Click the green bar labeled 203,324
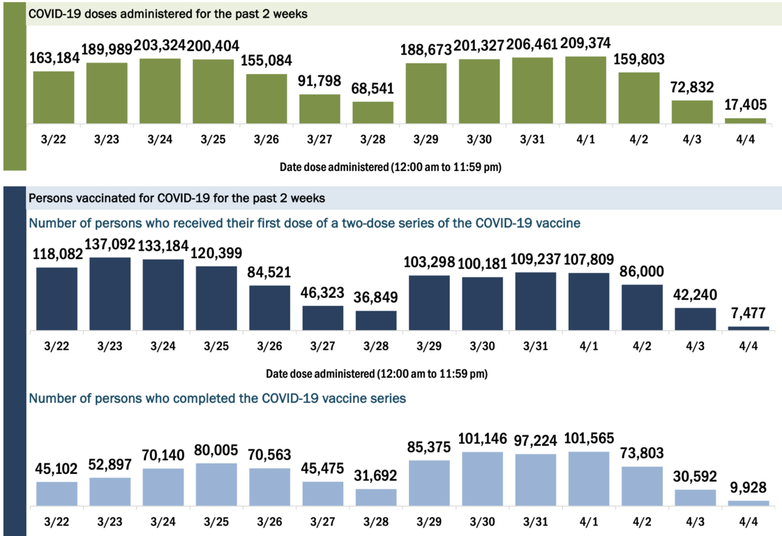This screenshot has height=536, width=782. [x=160, y=91]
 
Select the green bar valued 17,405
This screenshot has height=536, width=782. [x=745, y=121]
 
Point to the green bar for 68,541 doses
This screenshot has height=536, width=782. [x=373, y=112]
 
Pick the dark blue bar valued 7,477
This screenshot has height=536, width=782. [x=749, y=328]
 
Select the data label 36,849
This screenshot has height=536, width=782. [x=376, y=298]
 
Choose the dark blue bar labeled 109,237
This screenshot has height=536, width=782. [x=536, y=301]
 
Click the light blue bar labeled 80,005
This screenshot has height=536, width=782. [x=217, y=484]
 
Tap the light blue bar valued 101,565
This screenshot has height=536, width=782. [x=589, y=478]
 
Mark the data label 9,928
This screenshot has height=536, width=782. [x=749, y=487]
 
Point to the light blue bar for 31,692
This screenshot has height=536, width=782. [x=376, y=496]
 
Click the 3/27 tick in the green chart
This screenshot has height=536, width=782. [x=319, y=139]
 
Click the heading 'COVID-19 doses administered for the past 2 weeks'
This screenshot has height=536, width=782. [x=167, y=14]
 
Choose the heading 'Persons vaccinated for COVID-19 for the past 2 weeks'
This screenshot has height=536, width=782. [x=176, y=198]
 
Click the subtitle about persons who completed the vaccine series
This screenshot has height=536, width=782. [x=217, y=399]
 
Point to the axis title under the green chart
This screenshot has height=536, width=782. [x=391, y=167]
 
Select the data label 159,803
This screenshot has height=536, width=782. [x=639, y=59]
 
